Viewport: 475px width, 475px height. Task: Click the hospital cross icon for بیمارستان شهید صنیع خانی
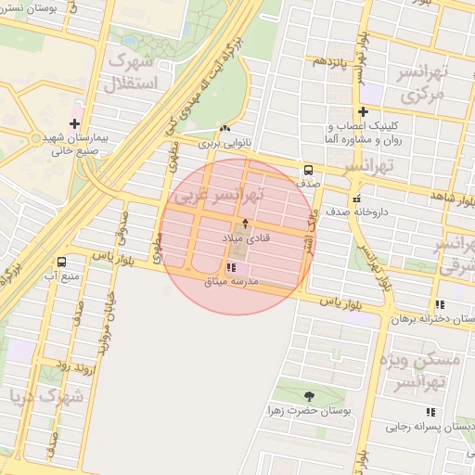pyautogui.click(x=74, y=123)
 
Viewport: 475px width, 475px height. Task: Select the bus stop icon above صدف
pyautogui.click(x=307, y=170)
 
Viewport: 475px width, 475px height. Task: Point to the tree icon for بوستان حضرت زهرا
pyautogui.click(x=308, y=396)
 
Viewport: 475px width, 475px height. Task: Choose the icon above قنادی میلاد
pyautogui.click(x=245, y=224)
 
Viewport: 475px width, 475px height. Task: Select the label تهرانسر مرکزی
pyautogui.click(x=423, y=83)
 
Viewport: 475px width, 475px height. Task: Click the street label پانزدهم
pyautogui.click(x=328, y=61)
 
